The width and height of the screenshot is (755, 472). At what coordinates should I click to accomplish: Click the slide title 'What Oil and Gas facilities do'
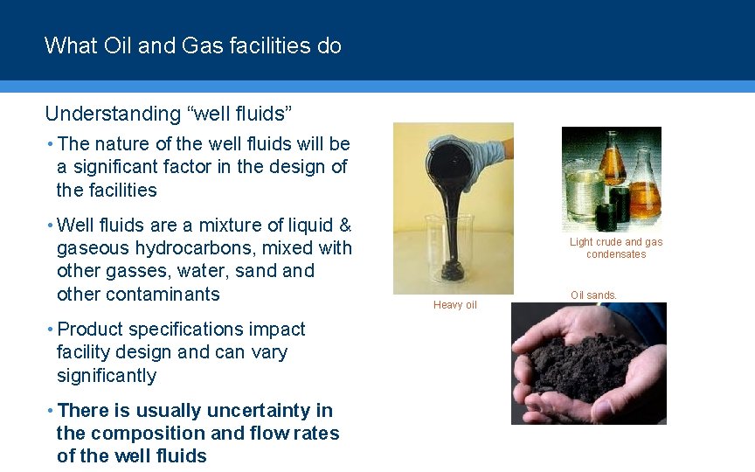tap(192, 45)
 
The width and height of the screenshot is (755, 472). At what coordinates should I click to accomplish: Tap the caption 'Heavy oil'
tap(454, 305)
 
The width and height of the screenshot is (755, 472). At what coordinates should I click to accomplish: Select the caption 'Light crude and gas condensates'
tap(616, 248)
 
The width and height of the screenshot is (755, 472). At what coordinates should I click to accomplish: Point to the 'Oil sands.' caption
tap(593, 295)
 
